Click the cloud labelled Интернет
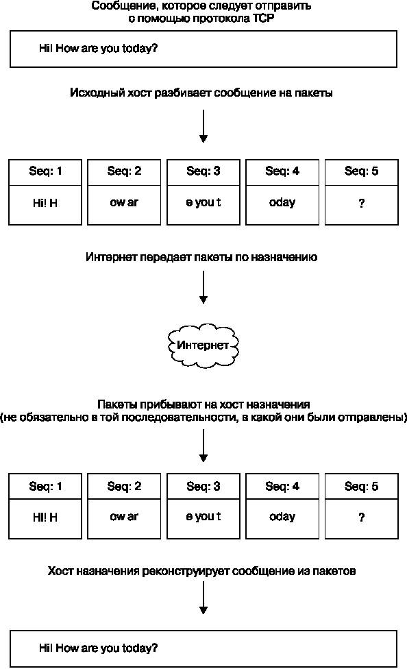tap(203, 345)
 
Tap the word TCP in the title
tap(260, 19)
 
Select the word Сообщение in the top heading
tap(118, 6)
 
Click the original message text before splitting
tap(98, 48)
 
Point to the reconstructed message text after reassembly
tap(98, 648)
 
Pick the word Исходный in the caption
tap(97, 93)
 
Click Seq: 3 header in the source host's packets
tap(203, 171)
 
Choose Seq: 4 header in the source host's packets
tap(282, 171)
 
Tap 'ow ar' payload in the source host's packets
tap(124, 202)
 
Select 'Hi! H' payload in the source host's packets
tap(45, 203)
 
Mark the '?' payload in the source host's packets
tap(361, 204)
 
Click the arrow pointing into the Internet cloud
tap(203, 287)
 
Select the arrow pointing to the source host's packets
tap(203, 126)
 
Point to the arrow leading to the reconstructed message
tap(203, 598)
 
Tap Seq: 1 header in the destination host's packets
tap(45, 486)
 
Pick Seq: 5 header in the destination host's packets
tap(361, 486)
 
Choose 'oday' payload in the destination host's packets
tap(282, 517)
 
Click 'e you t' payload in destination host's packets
tap(203, 517)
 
